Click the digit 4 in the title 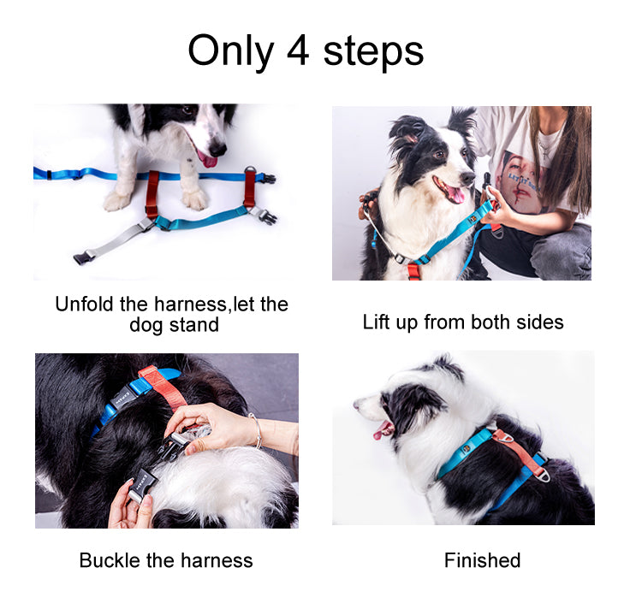(x=297, y=50)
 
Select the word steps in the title (x=373, y=52)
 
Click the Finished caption (x=482, y=560)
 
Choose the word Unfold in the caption (x=84, y=304)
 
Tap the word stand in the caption (x=194, y=325)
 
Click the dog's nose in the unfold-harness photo (x=217, y=149)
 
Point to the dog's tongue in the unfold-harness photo (x=208, y=160)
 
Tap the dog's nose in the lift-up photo (x=467, y=178)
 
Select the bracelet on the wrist (x=257, y=430)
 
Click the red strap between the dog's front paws (x=152, y=195)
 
